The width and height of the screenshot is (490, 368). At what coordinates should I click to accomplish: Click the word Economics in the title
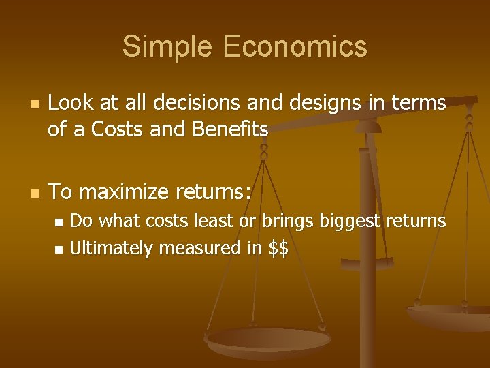coord(294,46)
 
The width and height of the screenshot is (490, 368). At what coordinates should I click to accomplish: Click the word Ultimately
coord(111,249)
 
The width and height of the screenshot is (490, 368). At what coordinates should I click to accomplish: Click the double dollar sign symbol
coord(278,249)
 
